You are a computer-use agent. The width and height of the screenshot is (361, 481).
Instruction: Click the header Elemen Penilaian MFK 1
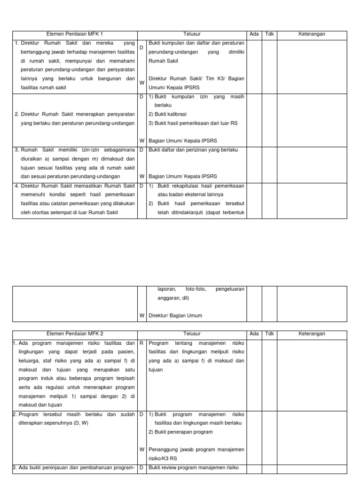(75, 34)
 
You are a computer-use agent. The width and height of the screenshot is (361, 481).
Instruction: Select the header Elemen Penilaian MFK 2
(75, 334)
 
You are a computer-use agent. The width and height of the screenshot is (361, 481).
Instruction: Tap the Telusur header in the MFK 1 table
(192, 34)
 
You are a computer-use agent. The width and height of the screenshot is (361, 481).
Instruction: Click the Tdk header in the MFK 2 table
(269, 334)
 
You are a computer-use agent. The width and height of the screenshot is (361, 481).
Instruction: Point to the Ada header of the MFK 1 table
(254, 34)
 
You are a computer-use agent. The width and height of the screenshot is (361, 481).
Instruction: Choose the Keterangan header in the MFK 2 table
(312, 334)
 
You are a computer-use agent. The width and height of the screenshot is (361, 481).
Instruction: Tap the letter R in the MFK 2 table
(141, 343)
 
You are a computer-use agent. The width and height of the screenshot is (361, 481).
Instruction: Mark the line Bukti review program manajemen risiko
(194, 467)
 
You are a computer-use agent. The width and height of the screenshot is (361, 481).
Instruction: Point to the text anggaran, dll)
(176, 298)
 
